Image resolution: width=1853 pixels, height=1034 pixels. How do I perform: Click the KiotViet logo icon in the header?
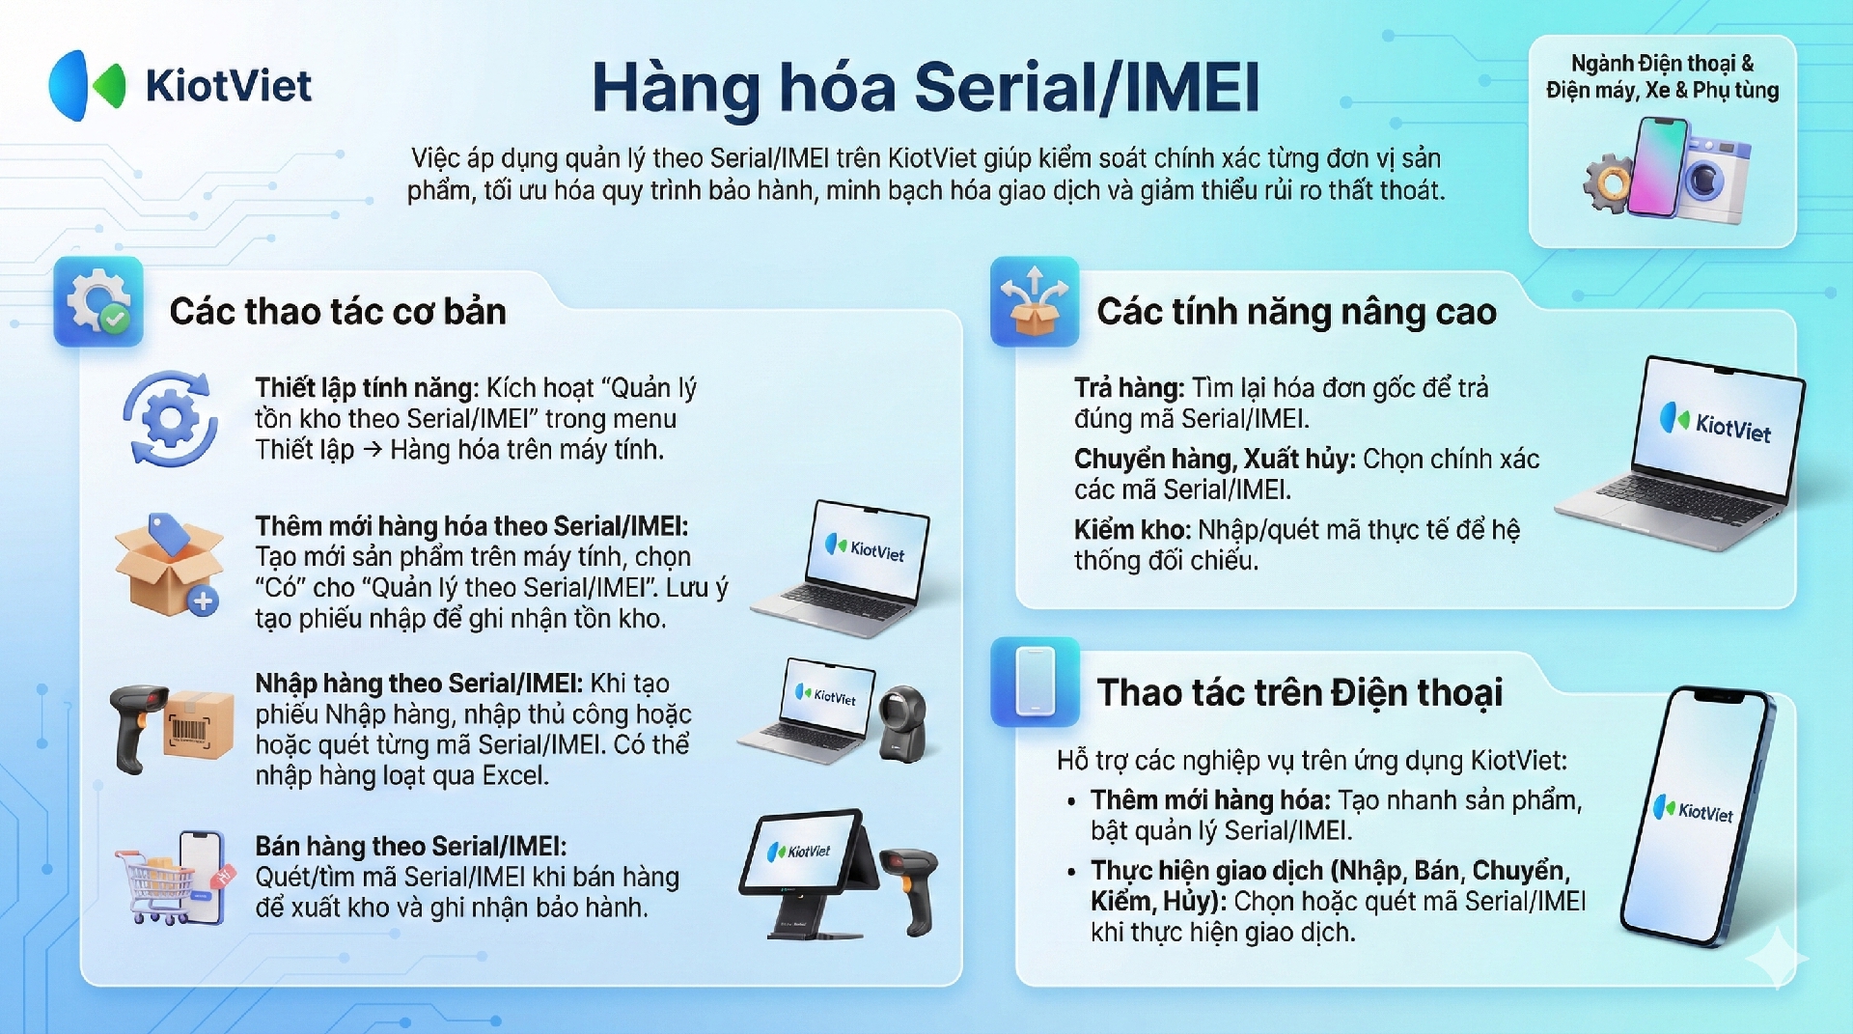click(x=87, y=85)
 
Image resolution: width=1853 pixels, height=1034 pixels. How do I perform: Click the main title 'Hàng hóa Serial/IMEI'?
click(x=926, y=87)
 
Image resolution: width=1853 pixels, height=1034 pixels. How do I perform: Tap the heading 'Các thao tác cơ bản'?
click(x=338, y=311)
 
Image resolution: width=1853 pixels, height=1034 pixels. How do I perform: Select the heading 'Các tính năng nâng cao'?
click(x=1296, y=312)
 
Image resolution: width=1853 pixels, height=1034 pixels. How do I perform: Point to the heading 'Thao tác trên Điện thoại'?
click(x=1300, y=692)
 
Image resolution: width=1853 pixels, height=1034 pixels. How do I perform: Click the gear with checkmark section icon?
click(x=98, y=301)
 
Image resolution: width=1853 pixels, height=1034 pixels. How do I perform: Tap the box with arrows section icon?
click(x=1035, y=301)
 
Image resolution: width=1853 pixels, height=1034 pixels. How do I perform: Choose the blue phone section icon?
click(x=1035, y=682)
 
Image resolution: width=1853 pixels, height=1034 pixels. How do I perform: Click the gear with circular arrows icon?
click(x=170, y=419)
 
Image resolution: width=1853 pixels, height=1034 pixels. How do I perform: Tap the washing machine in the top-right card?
click(x=1714, y=180)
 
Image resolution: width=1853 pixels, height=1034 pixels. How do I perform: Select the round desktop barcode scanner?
click(x=903, y=724)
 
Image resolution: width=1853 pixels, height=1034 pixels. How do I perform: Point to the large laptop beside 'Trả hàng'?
click(x=1682, y=451)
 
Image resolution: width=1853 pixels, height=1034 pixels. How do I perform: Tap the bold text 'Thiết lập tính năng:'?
click(x=367, y=388)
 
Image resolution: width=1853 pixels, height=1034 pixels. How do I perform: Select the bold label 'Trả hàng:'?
click(x=1129, y=388)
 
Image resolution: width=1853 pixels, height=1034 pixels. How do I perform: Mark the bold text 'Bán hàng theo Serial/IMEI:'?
click(x=411, y=846)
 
